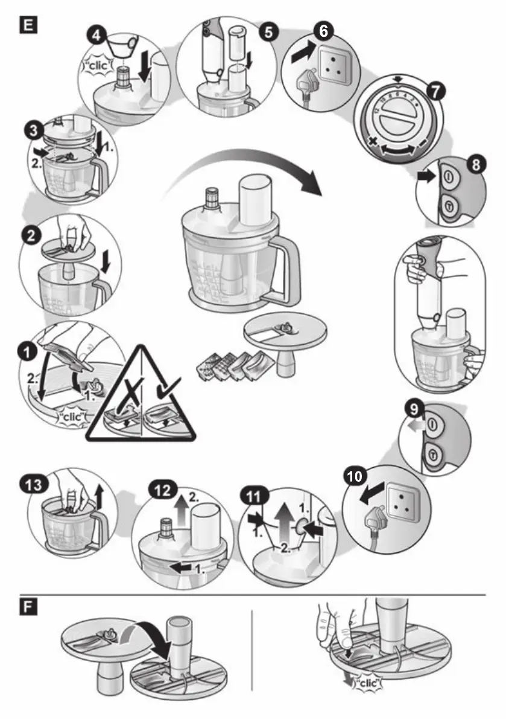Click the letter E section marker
(x=28, y=25)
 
